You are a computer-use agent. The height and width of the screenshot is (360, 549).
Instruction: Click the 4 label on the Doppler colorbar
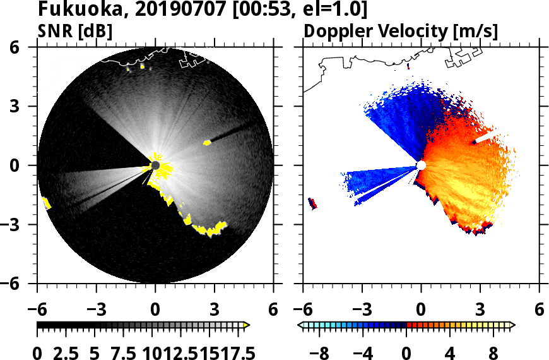[450, 352]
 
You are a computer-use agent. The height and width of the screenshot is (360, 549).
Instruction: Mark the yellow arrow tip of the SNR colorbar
[247, 325]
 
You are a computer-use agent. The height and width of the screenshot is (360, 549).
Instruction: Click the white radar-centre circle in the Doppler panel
[421, 165]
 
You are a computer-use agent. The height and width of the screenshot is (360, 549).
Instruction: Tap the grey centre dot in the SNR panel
[155, 165]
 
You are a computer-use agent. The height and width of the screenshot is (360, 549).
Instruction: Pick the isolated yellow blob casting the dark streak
[207, 143]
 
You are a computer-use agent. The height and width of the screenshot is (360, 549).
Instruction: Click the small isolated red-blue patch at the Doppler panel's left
[312, 203]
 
